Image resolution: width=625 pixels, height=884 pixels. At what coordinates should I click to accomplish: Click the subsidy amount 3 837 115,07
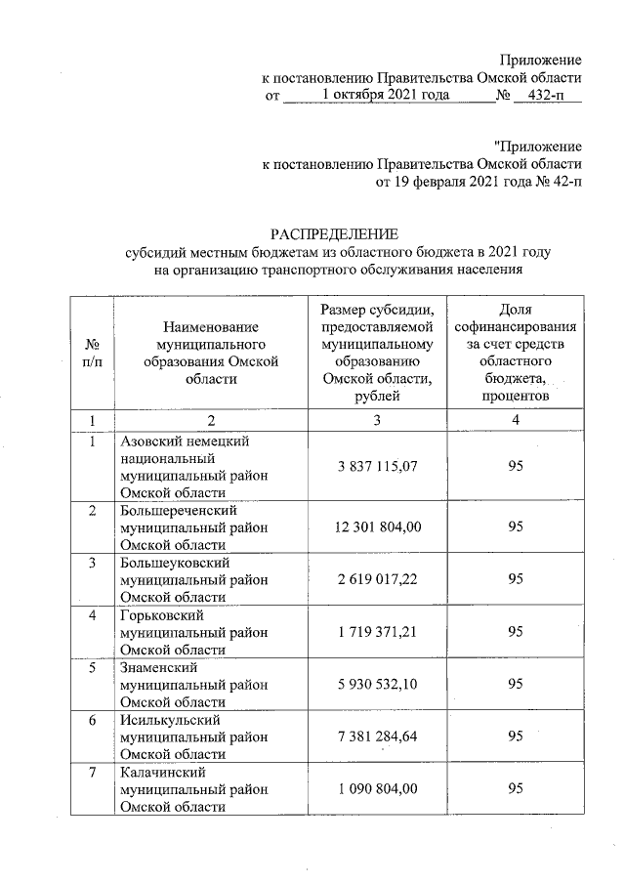378,467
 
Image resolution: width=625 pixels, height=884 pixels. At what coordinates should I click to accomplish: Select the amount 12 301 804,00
377,526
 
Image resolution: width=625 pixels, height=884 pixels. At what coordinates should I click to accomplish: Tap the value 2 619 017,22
378,579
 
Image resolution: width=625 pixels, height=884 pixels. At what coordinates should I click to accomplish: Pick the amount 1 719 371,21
378,632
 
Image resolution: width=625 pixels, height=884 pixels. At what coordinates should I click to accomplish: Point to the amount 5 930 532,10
378,685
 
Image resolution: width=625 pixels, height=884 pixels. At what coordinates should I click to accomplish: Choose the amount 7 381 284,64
378,737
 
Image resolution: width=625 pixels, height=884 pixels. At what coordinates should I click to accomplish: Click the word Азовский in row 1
147,442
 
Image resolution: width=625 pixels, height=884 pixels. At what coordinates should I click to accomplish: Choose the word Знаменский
158,668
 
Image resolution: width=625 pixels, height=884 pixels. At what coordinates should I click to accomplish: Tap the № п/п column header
91,354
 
